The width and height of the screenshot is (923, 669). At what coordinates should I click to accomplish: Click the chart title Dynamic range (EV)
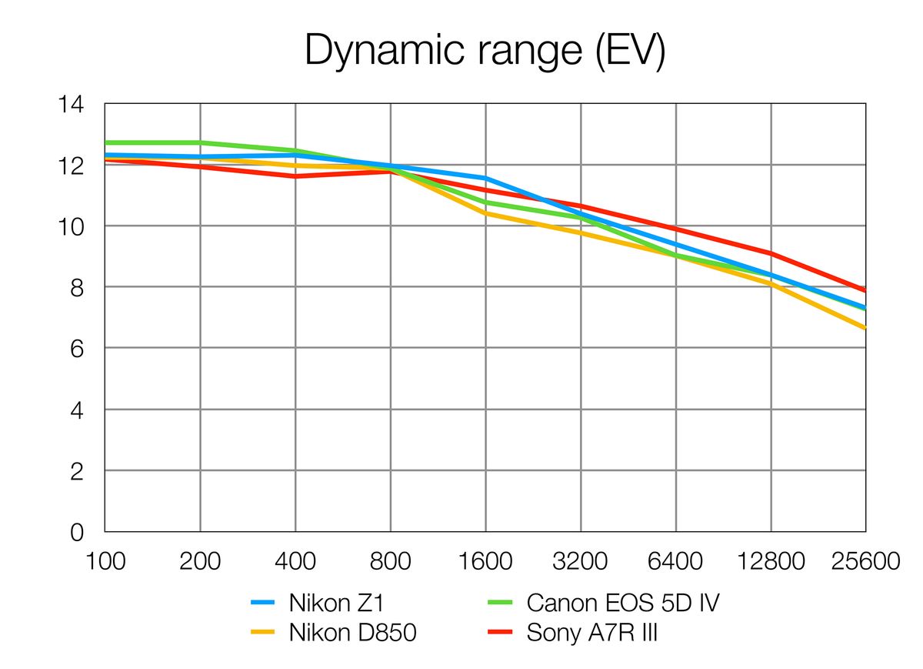(485, 51)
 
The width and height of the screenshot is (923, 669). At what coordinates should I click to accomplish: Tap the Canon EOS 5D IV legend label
(623, 602)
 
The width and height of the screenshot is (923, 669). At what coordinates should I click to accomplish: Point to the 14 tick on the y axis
(72, 104)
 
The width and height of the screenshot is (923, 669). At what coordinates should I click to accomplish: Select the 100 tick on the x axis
(105, 561)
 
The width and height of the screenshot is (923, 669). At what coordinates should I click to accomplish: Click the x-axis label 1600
(485, 561)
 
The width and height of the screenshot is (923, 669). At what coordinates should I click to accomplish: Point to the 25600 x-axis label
(866, 561)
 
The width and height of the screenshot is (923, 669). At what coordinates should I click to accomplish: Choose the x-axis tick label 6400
(676, 561)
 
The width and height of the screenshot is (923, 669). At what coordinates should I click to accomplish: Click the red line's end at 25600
(865, 291)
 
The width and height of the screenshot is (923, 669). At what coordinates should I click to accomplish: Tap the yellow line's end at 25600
(865, 328)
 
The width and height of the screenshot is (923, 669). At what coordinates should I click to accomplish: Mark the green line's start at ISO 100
(105, 142)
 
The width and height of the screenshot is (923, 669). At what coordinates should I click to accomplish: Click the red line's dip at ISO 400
(295, 176)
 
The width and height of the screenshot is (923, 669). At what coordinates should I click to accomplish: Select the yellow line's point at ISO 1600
(485, 213)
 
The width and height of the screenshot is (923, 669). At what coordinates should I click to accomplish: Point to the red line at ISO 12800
(771, 253)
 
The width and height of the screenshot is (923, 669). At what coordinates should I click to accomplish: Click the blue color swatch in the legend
(264, 603)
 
